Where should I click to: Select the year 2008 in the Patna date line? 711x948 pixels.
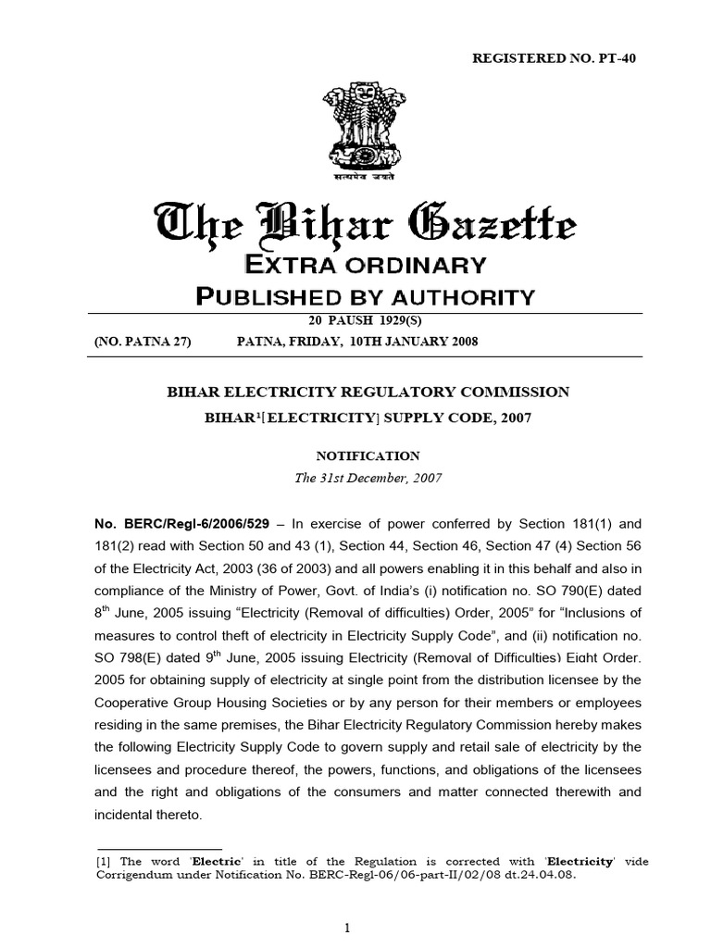click(462, 342)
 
